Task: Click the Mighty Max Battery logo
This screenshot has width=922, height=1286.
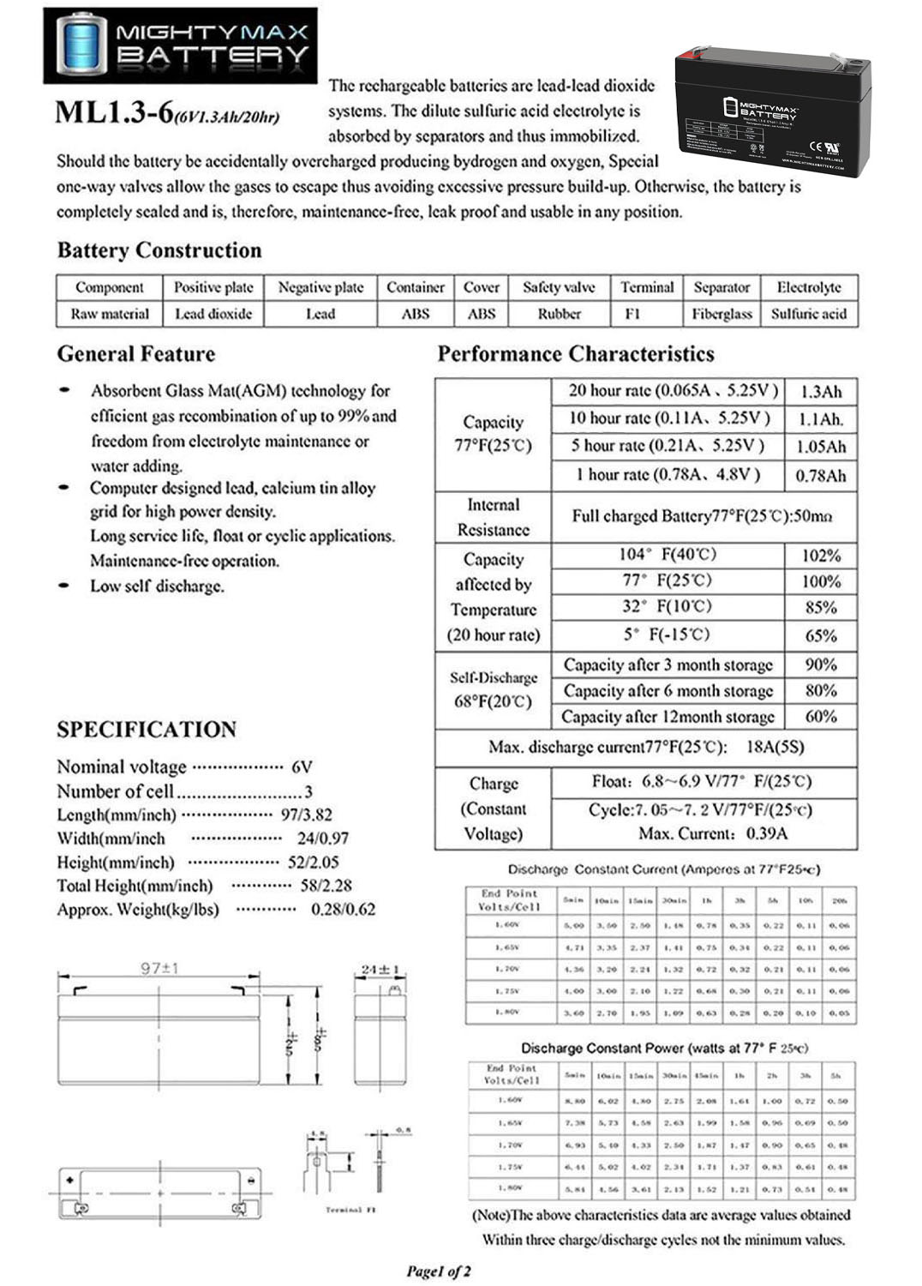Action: pyautogui.click(x=180, y=45)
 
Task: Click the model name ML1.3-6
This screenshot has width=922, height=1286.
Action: pyautogui.click(x=114, y=113)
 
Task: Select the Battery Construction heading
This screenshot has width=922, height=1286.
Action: pyautogui.click(x=159, y=250)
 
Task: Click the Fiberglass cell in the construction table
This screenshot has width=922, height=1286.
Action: pyautogui.click(x=721, y=314)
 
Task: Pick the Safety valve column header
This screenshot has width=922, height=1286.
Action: pyautogui.click(x=559, y=287)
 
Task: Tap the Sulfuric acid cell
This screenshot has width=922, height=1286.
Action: pyautogui.click(x=808, y=314)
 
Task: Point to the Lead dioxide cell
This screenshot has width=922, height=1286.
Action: pyautogui.click(x=213, y=314)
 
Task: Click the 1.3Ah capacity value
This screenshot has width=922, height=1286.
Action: pyautogui.click(x=821, y=392)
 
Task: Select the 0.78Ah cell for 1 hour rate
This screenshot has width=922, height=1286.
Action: pyautogui.click(x=821, y=475)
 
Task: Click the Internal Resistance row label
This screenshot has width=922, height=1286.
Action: pyautogui.click(x=493, y=517)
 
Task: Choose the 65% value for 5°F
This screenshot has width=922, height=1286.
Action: pyautogui.click(x=821, y=635)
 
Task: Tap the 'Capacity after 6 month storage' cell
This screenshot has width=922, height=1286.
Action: pyautogui.click(x=668, y=690)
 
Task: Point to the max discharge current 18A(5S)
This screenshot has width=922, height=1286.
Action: pyautogui.click(x=775, y=747)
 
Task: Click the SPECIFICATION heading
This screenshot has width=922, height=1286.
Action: pyautogui.click(x=147, y=730)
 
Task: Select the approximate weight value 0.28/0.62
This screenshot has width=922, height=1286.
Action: pyautogui.click(x=343, y=909)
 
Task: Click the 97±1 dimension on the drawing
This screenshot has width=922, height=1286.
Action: pyautogui.click(x=159, y=968)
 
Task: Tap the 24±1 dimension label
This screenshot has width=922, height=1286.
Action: pyautogui.click(x=380, y=970)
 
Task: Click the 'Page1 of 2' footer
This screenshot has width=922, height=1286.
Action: pyautogui.click(x=438, y=1271)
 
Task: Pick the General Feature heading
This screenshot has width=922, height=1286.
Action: pyautogui.click(x=136, y=354)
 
